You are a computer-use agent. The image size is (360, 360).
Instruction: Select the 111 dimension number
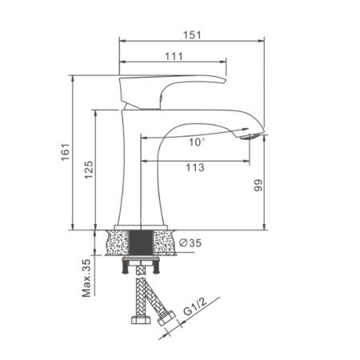(x=174, y=55)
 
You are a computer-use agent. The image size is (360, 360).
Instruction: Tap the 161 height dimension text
(x=66, y=151)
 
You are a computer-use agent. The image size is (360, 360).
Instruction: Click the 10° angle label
(x=197, y=142)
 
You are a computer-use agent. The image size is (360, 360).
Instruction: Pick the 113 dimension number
(x=193, y=168)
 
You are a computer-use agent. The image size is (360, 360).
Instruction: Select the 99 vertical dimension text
(x=258, y=186)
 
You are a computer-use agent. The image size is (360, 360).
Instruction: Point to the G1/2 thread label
(x=189, y=306)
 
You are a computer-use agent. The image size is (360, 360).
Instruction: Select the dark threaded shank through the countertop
(x=141, y=242)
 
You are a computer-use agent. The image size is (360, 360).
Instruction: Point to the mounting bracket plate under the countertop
(x=142, y=261)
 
